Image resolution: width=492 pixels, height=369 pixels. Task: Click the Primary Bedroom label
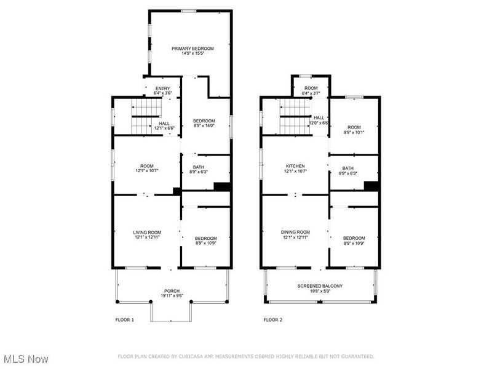pos(192,49)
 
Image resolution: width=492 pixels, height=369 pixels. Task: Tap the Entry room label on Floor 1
pos(162,89)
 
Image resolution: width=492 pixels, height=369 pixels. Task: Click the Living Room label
pos(147,232)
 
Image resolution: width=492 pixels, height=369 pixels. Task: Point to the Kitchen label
pos(295,166)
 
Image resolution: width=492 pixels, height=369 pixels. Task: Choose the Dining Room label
pos(295,232)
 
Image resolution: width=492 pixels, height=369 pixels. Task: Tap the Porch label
pos(172,290)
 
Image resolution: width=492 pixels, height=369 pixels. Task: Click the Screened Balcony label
pos(320,286)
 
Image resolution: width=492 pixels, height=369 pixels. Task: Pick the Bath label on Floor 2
pos(348,169)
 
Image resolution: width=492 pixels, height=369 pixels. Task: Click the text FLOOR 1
pos(124,320)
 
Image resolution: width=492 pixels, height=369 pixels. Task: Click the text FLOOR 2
pos(272,320)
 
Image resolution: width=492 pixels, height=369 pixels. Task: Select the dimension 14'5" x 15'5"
pos(192,54)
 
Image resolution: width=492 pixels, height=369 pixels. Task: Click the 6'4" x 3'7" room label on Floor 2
pos(311,93)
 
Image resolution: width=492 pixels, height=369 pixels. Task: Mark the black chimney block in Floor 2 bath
pos(370,186)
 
